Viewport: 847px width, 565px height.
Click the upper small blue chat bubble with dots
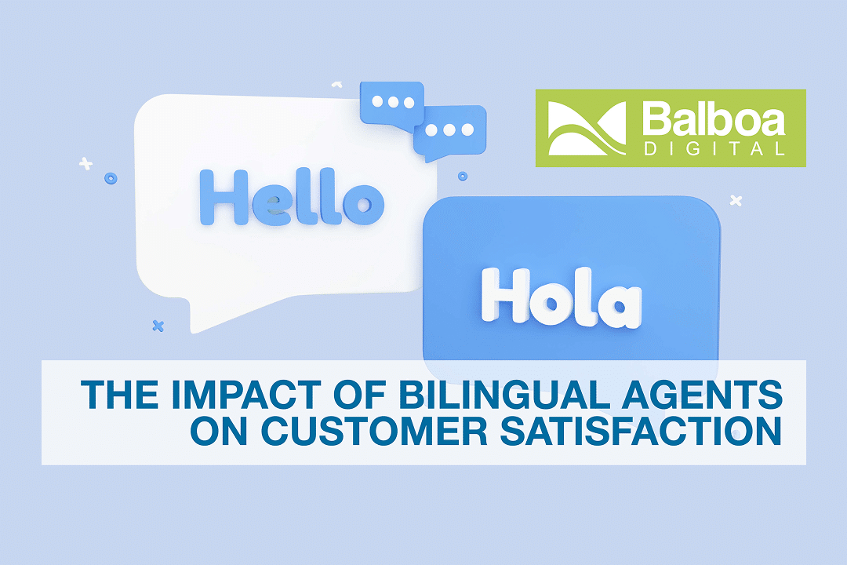pos(391,104)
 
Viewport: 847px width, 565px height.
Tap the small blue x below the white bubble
pos(158,325)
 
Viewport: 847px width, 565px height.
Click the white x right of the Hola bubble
pos(736,201)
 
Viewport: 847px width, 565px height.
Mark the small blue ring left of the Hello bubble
pos(111,179)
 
